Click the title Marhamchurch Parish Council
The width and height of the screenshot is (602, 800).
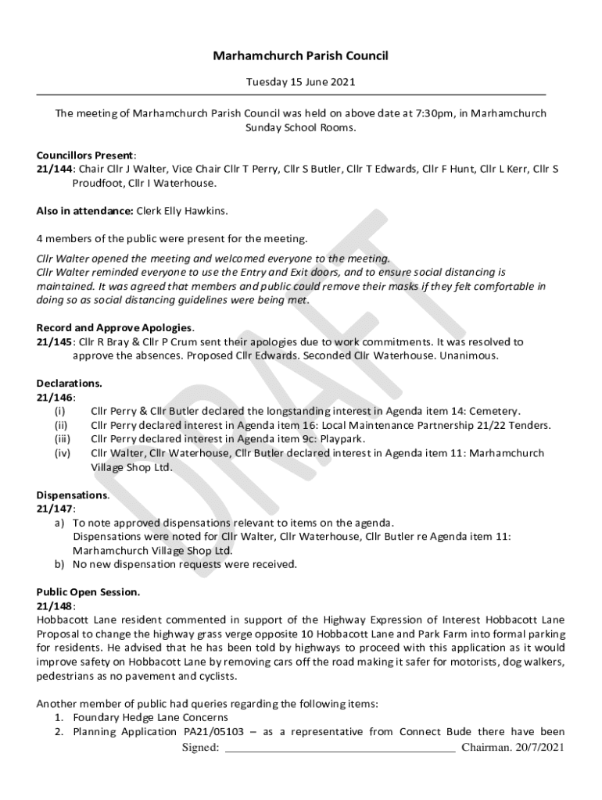[x=301, y=55]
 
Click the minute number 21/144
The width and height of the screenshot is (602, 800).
[x=54, y=169]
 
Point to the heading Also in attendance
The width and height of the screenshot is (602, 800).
[x=85, y=211]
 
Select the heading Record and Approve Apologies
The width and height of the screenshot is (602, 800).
[x=114, y=327]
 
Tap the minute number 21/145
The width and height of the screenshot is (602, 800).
[x=54, y=341]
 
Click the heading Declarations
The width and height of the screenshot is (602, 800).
[x=69, y=384]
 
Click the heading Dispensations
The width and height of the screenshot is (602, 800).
[x=72, y=495]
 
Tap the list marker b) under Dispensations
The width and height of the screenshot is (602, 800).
[x=59, y=564]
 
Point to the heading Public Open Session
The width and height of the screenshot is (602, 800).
[x=88, y=592]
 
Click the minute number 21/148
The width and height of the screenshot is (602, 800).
[x=54, y=605]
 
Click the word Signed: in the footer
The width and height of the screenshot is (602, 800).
[x=200, y=748]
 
